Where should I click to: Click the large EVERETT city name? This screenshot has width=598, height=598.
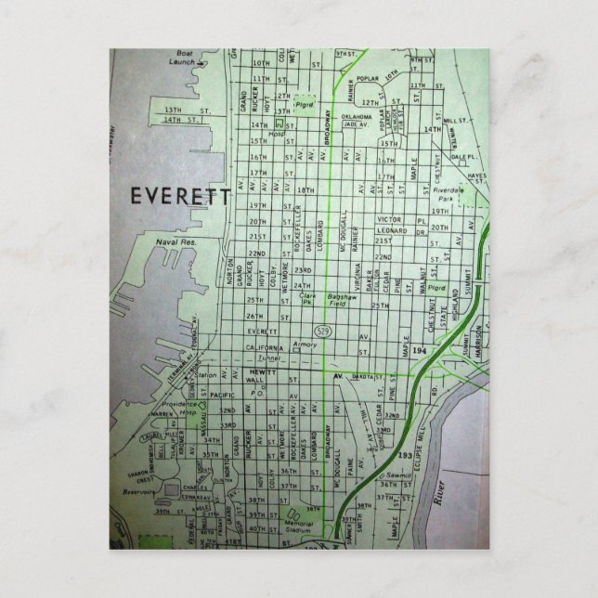[x=179, y=197]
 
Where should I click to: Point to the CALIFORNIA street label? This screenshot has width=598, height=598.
[x=266, y=346]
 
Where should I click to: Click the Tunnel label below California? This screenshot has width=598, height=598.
[x=269, y=357]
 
